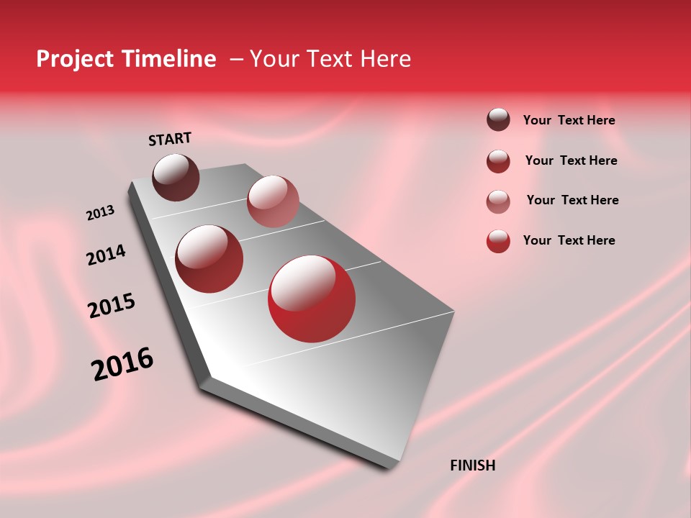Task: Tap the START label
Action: click(x=170, y=139)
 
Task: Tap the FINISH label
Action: click(x=472, y=465)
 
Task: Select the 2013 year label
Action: click(x=100, y=213)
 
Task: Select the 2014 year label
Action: click(x=106, y=255)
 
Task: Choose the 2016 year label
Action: click(x=122, y=364)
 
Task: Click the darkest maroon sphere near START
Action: click(x=176, y=177)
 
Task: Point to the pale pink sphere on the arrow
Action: click(x=273, y=201)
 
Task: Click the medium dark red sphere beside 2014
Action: click(x=209, y=259)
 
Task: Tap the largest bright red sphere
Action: click(x=312, y=299)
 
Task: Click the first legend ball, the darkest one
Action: click(x=498, y=119)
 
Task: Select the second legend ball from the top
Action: click(x=498, y=161)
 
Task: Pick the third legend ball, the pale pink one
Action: click(x=498, y=201)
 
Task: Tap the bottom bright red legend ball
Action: click(x=498, y=241)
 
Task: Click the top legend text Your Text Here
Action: click(x=569, y=120)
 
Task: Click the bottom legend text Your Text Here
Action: click(x=569, y=240)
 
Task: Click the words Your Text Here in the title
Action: click(x=330, y=59)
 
